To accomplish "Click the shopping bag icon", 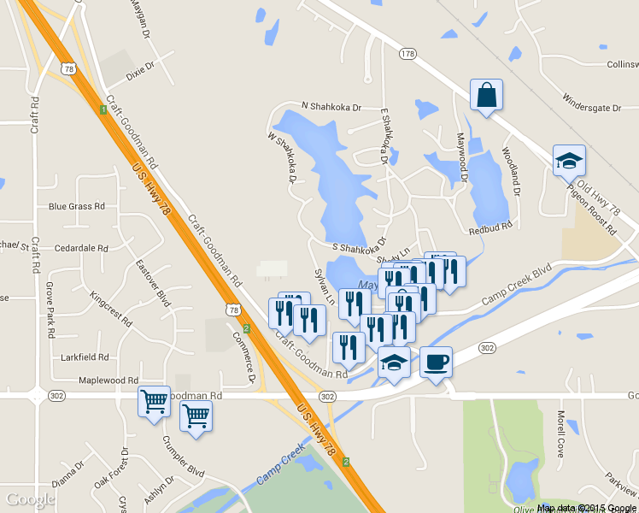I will (486, 96).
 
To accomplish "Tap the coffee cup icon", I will (436, 363).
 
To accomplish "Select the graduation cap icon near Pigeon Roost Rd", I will (569, 160).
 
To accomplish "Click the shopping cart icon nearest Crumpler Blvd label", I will (196, 417).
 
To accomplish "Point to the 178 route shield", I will (407, 54).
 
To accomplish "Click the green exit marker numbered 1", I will (102, 109).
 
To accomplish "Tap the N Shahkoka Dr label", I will (331, 108).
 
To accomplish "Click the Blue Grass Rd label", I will (76, 206).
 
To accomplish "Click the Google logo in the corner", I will (31, 499).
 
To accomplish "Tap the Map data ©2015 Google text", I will (587, 508).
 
